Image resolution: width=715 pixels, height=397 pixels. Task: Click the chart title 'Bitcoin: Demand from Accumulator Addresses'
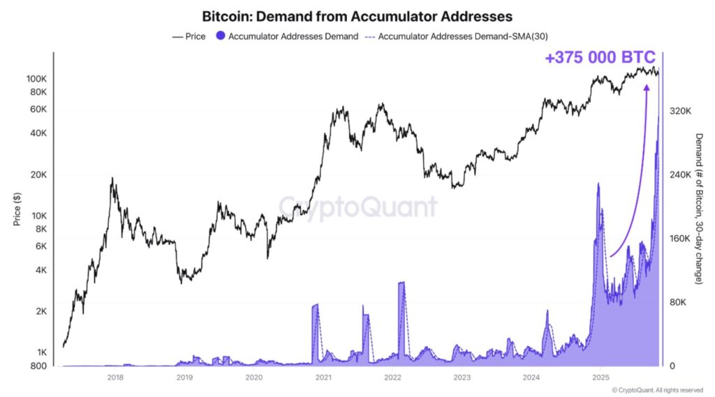(x=357, y=15)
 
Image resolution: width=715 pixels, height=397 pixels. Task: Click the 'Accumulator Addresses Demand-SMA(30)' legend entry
(x=460, y=36)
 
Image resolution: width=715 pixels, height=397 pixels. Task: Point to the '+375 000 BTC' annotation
(x=600, y=58)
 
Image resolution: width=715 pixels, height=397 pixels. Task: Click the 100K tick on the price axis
(x=36, y=79)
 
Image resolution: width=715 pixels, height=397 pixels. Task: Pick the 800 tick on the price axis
(x=39, y=366)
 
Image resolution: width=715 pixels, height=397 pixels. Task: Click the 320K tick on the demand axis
(x=680, y=111)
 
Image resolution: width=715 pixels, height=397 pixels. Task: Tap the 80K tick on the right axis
(x=679, y=303)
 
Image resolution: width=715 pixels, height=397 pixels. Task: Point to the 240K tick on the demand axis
(x=680, y=175)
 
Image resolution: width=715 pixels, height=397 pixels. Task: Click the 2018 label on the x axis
(x=115, y=378)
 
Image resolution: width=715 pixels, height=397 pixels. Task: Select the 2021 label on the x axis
(x=323, y=378)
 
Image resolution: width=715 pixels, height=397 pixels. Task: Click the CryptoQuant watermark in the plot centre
(x=358, y=207)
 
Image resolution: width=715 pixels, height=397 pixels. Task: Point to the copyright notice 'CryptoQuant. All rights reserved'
(x=659, y=390)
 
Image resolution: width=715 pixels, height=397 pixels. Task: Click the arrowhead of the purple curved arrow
(x=647, y=87)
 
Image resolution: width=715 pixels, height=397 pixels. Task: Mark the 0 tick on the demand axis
(x=672, y=366)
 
